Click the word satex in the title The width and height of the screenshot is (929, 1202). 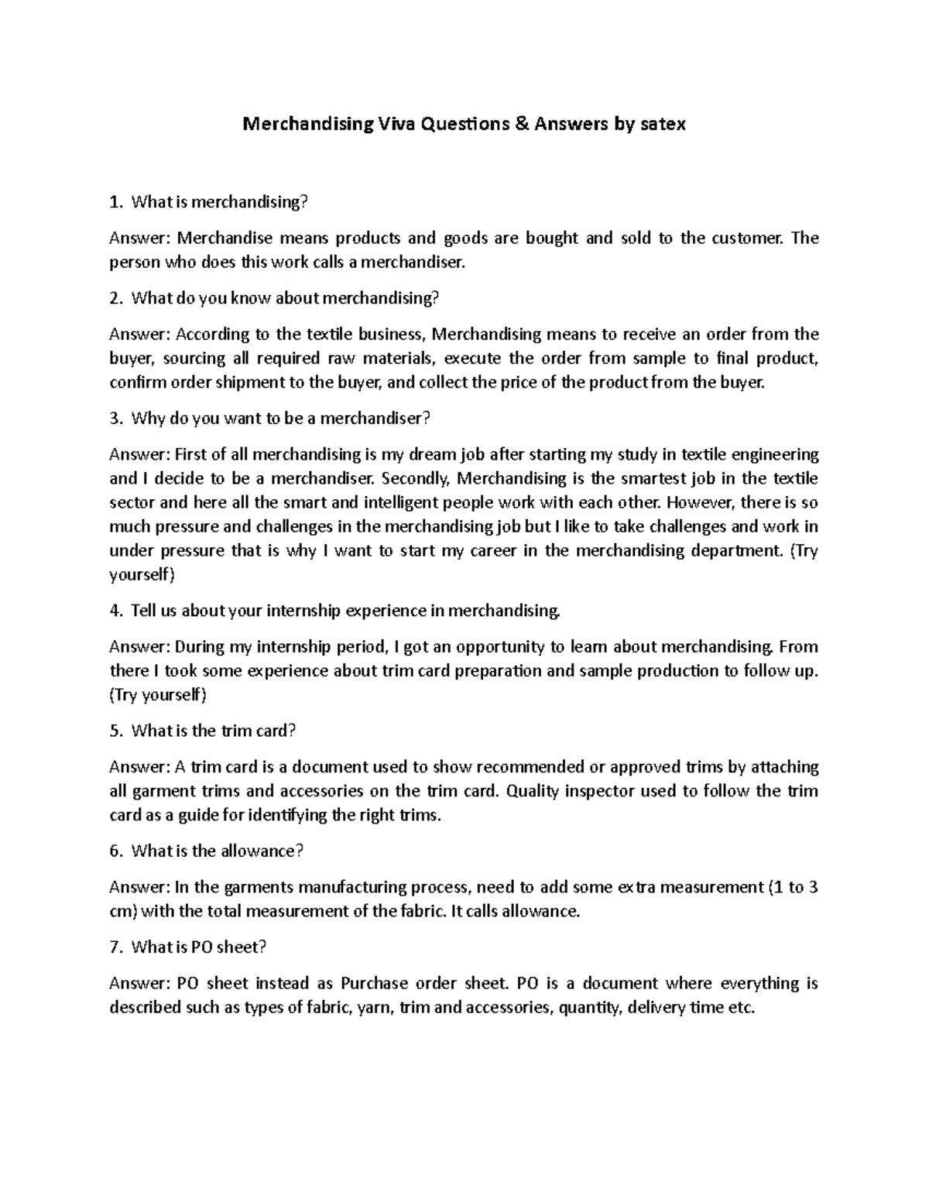(663, 124)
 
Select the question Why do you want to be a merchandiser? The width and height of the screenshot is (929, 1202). (280, 419)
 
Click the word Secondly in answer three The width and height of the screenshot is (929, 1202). (425, 478)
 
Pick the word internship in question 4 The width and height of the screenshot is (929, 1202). (303, 611)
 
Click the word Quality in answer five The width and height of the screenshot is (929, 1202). (534, 791)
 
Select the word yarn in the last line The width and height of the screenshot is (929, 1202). (372, 1008)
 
